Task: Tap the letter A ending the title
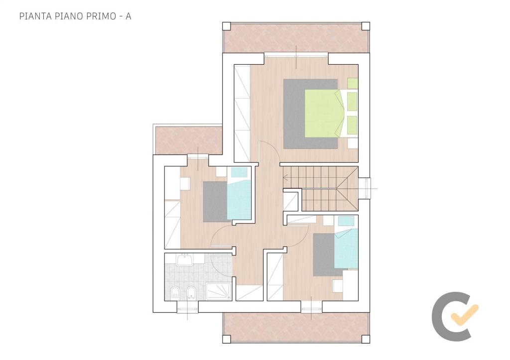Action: coord(128,16)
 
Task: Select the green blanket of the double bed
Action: coord(323,114)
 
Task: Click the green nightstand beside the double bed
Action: coord(353,83)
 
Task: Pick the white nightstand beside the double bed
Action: coord(353,143)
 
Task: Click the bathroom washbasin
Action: coord(184,260)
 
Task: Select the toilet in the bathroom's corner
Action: coord(175,293)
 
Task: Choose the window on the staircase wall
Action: coord(366,188)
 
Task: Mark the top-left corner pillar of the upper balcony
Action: coord(227,26)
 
